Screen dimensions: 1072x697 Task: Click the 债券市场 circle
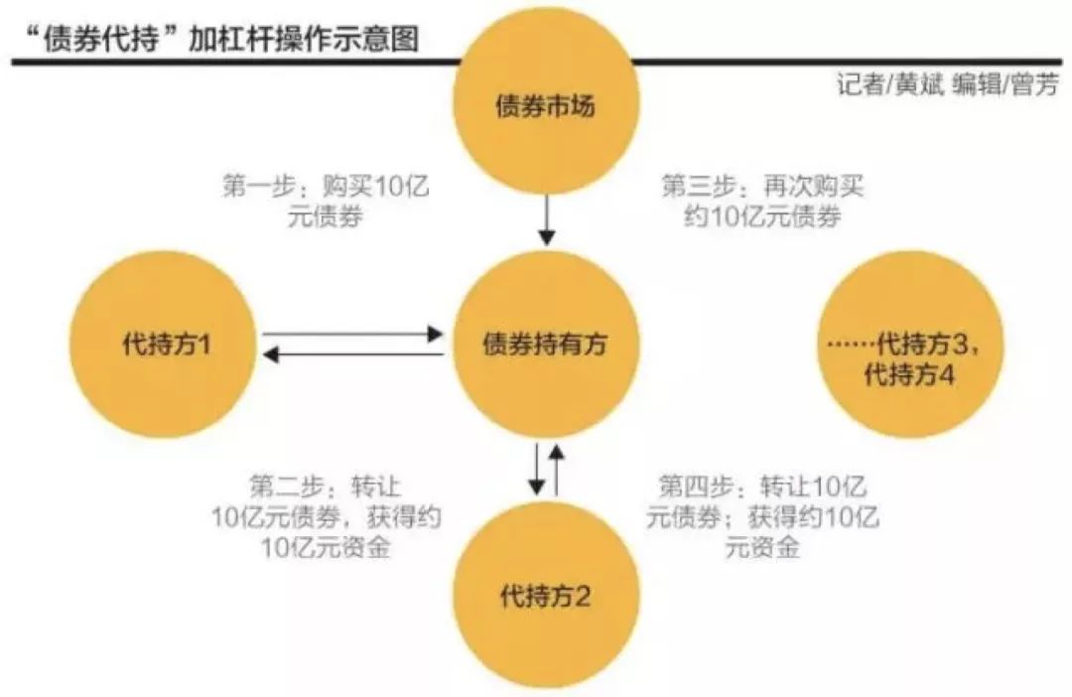tap(544, 105)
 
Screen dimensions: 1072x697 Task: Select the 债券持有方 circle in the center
tap(544, 344)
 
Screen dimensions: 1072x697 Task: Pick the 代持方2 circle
tap(544, 596)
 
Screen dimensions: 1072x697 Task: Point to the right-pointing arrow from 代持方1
tap(352, 335)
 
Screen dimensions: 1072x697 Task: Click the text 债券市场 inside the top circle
tap(544, 106)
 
